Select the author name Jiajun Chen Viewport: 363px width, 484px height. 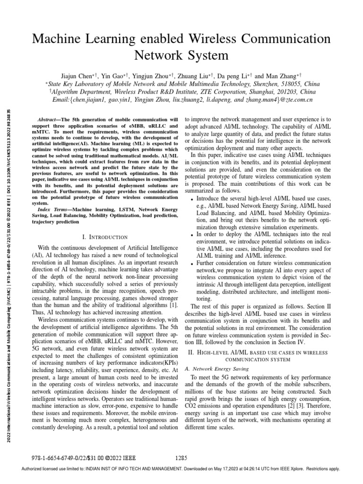[x=76, y=75]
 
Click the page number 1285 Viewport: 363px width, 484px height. [x=181, y=457]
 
